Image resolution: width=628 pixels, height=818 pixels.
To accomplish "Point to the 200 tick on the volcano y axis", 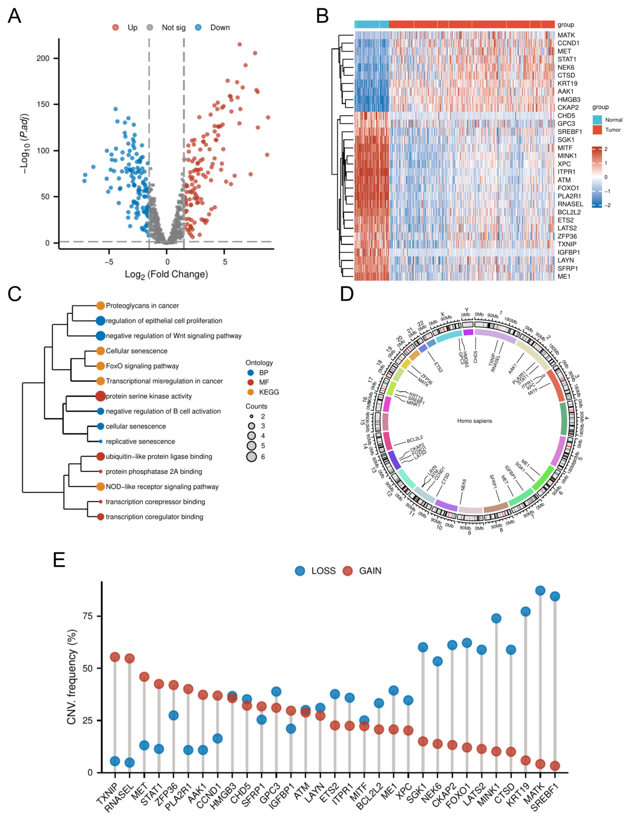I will tap(43, 58).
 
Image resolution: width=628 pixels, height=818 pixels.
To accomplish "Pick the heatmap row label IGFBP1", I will tap(568, 252).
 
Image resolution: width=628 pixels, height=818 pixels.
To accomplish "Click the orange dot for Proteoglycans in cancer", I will tap(100, 306).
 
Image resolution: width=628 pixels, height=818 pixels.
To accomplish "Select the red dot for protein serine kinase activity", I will tap(100, 396).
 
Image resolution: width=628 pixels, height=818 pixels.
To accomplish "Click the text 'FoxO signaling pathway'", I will tap(142, 366).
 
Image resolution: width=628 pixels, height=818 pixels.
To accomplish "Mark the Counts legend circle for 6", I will tap(251, 457).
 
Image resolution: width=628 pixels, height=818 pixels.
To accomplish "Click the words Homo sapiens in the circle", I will tap(474, 421).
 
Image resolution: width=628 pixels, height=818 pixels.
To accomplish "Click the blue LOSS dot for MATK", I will tap(540, 590).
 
